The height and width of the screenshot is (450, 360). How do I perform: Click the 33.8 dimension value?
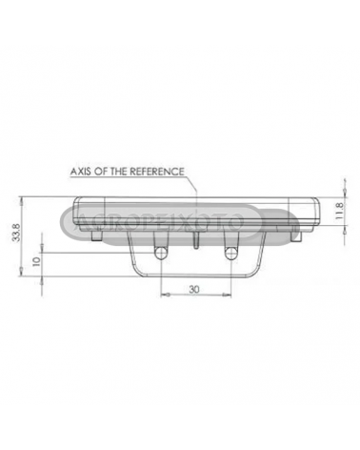[17, 233]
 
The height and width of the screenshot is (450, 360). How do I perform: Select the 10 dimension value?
[36, 261]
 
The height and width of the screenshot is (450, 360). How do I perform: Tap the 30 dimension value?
[194, 289]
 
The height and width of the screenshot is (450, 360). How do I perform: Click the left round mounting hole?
[161, 253]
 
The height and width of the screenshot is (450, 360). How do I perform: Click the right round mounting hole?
[230, 254]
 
